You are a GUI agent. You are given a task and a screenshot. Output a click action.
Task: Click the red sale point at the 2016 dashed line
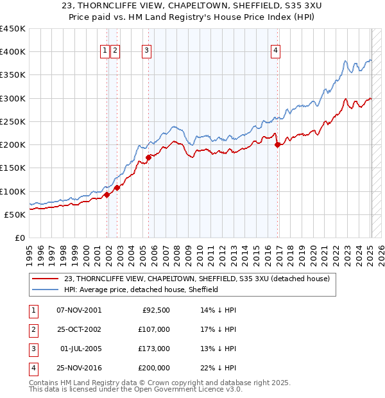[x=277, y=144]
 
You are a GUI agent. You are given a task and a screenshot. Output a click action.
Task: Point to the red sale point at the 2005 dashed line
[x=148, y=157]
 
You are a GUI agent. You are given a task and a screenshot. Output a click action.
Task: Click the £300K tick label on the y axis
[x=13, y=98]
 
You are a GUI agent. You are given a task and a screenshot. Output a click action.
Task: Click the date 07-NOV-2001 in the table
[x=79, y=309]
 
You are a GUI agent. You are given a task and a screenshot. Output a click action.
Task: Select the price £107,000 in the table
[x=155, y=329]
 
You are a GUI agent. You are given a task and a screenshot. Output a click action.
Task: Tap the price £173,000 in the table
[x=155, y=349]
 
